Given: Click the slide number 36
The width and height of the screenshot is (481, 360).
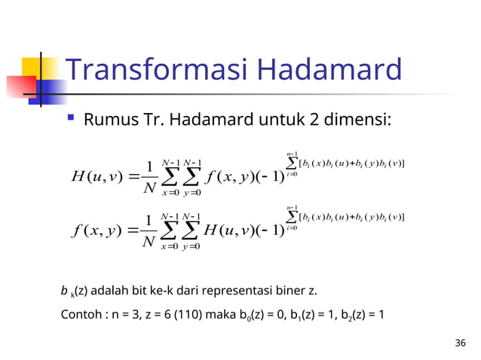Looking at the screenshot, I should click(x=461, y=343).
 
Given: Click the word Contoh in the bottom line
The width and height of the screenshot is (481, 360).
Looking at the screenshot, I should click(x=79, y=315).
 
